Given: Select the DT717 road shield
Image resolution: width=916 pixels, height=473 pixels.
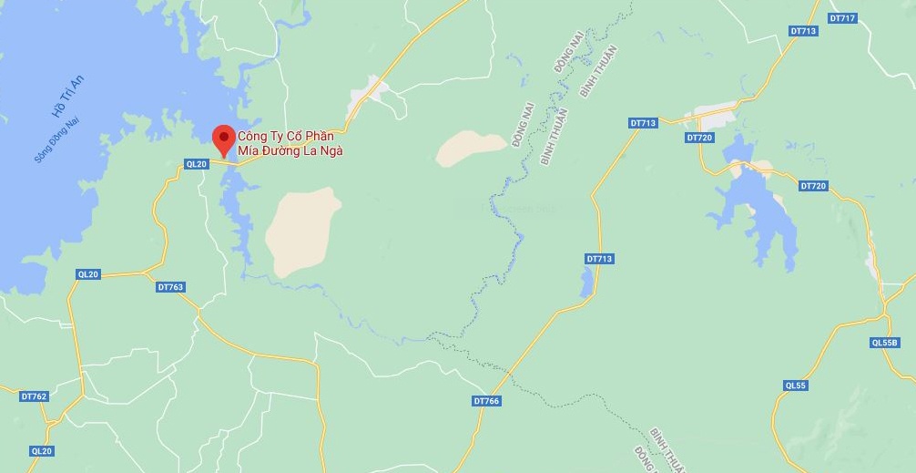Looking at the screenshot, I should click(x=842, y=18).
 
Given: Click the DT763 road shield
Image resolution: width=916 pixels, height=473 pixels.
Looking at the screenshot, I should click(x=170, y=287).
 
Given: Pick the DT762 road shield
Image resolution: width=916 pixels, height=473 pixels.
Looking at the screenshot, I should click(x=33, y=396).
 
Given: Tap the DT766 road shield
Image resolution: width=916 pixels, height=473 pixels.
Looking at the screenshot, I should click(x=487, y=401).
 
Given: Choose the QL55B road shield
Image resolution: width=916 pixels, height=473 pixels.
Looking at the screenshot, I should click(x=884, y=343).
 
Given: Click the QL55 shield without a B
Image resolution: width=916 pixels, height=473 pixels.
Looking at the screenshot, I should click(x=795, y=386).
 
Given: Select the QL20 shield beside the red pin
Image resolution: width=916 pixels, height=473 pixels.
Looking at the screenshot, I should click(x=196, y=164).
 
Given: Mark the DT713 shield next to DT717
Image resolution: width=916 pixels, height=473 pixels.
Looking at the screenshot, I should click(x=803, y=31).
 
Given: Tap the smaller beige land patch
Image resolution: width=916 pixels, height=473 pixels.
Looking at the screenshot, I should click(x=469, y=149).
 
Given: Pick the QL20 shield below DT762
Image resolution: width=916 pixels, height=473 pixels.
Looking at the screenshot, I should click(x=42, y=451).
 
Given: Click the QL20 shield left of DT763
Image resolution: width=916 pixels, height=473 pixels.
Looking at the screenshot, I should click(x=88, y=274).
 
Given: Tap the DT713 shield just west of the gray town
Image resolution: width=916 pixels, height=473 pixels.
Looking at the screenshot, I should click(x=643, y=123).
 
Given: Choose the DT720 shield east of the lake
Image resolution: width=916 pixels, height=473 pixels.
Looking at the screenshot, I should click(x=813, y=186).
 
